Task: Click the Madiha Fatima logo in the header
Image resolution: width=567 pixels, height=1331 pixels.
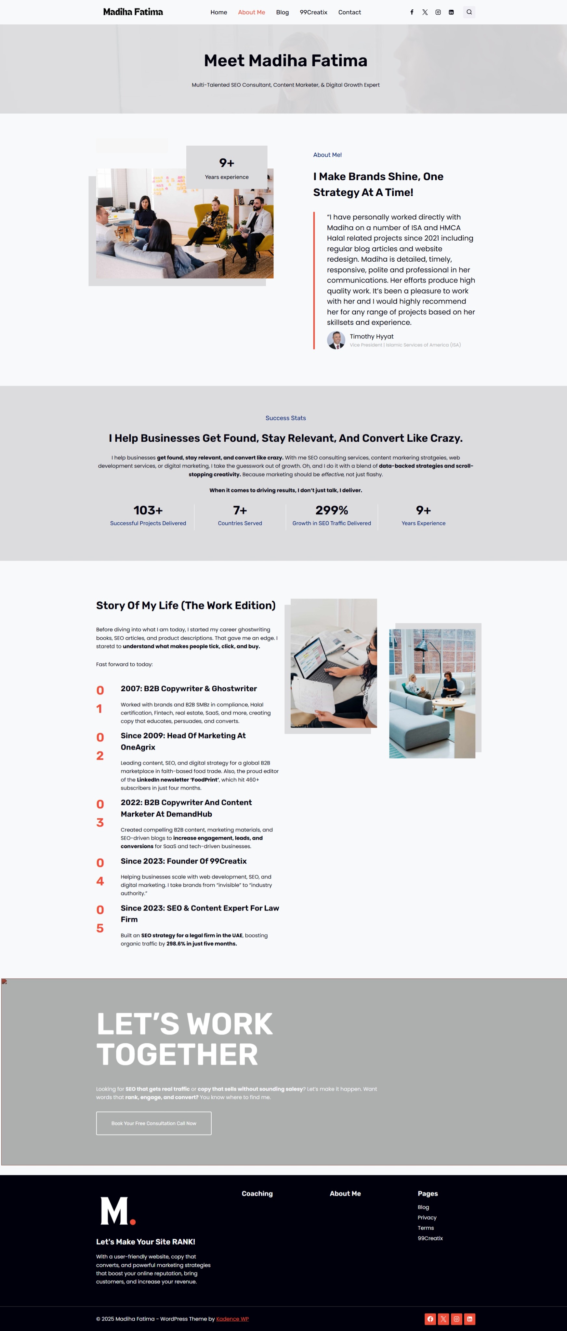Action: (x=133, y=12)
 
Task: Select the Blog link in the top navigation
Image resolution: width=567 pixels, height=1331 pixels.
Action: (x=282, y=12)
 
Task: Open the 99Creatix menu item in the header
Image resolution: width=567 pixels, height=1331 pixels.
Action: (x=313, y=12)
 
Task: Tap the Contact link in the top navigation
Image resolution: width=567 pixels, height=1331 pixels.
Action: (x=349, y=12)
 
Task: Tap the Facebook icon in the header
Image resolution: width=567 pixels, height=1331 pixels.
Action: (x=412, y=12)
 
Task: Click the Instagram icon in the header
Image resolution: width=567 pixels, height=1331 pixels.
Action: (x=438, y=12)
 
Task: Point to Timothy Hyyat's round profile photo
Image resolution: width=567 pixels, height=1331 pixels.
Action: (x=336, y=340)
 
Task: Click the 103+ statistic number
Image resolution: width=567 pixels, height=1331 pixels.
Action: (x=148, y=511)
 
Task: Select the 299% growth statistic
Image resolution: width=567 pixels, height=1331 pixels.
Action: (x=332, y=511)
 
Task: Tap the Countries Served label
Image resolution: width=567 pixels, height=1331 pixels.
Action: (x=240, y=523)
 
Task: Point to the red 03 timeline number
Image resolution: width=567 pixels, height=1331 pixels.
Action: (x=100, y=813)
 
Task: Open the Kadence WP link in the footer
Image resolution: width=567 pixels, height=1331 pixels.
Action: (x=232, y=1319)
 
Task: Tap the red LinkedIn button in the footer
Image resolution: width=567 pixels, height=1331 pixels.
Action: (x=469, y=1319)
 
